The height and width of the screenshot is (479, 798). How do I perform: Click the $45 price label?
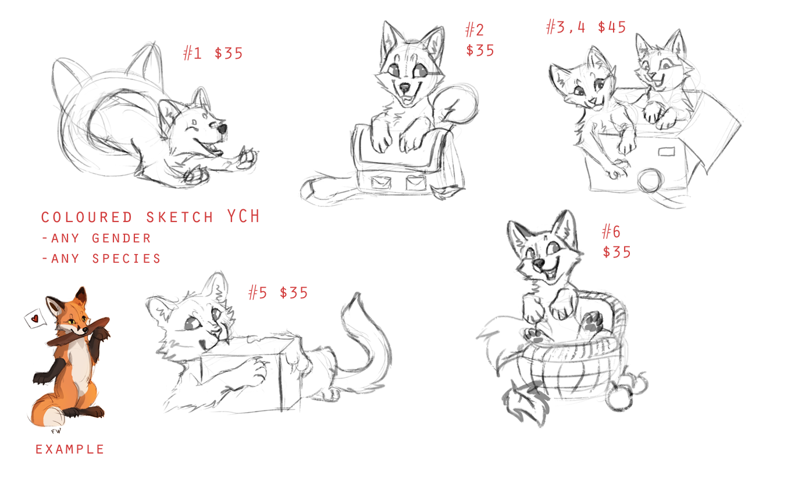pos(611,27)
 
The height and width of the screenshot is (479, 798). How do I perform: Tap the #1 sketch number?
pos(193,53)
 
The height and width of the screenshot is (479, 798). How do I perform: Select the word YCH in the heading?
pos(244,216)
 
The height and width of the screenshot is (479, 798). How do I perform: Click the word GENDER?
pos(122,238)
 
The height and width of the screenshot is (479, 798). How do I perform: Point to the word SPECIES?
pos(126,259)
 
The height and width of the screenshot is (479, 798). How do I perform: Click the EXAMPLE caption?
pos(70,449)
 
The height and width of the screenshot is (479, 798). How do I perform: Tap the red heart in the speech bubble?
pos(34,319)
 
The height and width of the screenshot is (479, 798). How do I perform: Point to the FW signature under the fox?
pos(56,431)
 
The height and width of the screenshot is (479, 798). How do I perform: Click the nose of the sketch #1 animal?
pos(222,128)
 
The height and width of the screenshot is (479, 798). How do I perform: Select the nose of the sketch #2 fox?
pos(405,87)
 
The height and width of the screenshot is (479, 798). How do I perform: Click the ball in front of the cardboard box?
pos(650,181)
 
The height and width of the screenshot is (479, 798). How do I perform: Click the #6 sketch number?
pos(611,231)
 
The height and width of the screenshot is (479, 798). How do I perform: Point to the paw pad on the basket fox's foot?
pos(593,321)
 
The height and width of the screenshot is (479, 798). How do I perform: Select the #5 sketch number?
pos(258,293)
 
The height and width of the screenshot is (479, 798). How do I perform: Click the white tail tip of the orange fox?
pos(53,416)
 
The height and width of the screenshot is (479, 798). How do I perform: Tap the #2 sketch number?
pos(475,30)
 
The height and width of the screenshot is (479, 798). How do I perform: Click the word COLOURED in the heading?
pos(87,217)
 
